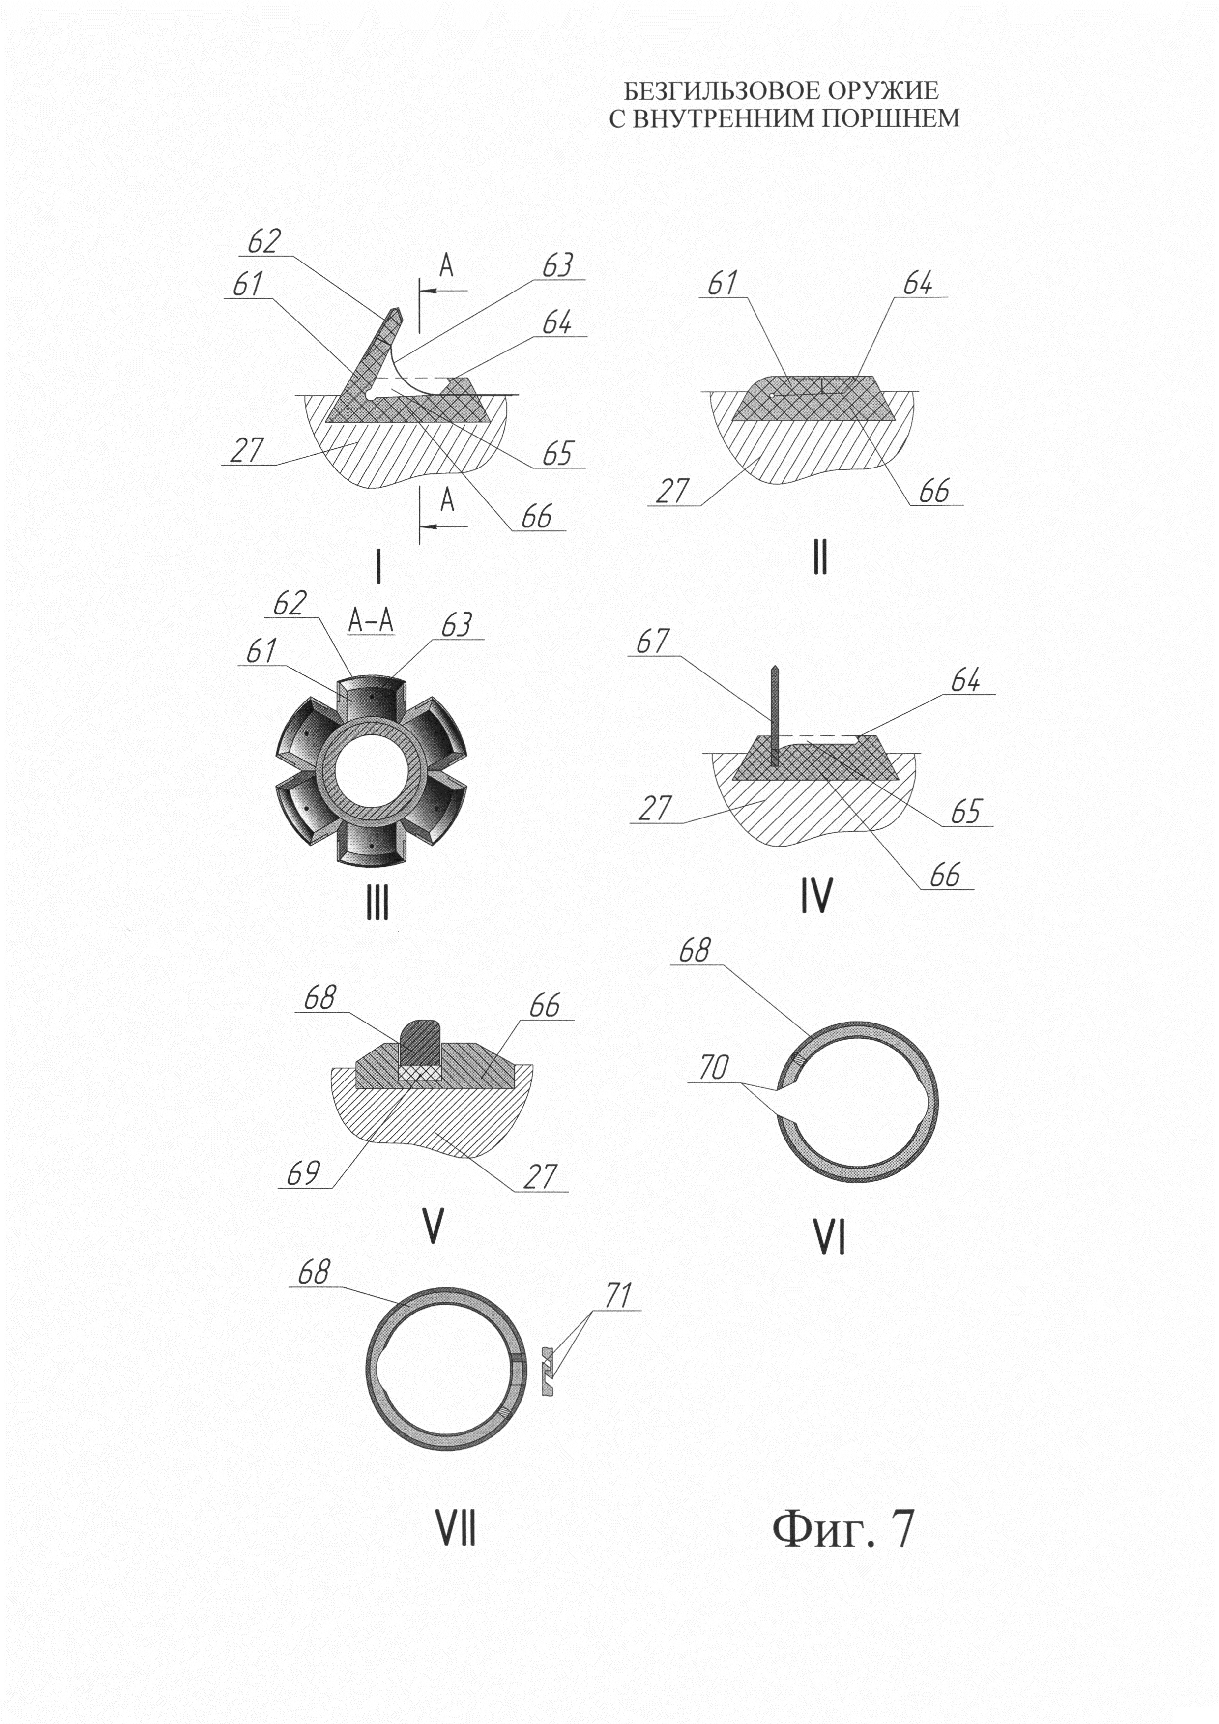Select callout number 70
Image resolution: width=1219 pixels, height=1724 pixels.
point(713,1067)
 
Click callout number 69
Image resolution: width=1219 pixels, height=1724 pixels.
point(303,1173)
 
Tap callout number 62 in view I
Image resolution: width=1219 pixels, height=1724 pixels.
point(264,242)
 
